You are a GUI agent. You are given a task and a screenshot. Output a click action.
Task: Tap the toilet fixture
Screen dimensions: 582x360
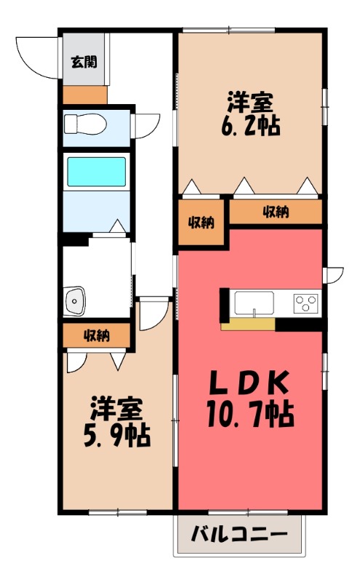coord(84,124)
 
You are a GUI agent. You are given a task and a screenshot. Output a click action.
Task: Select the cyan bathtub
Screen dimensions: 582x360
coord(97,172)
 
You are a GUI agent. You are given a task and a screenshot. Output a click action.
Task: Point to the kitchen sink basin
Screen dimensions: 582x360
coord(254,301)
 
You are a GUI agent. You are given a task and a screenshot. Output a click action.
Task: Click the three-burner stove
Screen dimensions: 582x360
coord(306,301)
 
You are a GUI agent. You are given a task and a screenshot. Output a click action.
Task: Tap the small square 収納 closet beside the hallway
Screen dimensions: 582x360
coord(201,223)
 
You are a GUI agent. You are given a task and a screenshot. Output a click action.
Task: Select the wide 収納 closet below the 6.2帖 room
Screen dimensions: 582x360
coord(276,212)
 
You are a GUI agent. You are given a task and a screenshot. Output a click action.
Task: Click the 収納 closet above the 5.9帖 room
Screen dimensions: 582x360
coord(96,335)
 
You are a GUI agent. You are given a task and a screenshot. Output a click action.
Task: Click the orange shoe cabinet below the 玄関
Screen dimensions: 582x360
coord(84,95)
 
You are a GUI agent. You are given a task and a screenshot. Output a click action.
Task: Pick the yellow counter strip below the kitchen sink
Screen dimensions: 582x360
coord(247,323)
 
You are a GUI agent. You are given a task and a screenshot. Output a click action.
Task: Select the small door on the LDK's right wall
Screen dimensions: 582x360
coord(333,275)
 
